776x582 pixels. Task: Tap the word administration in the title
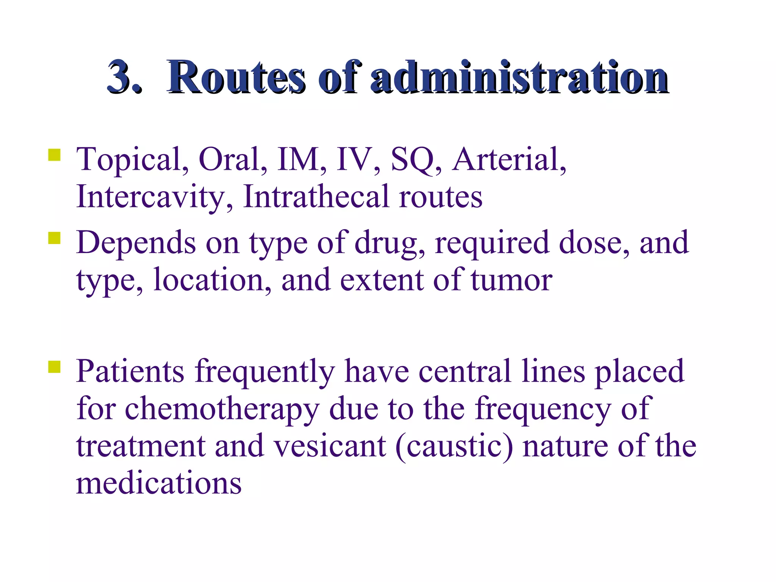pyautogui.click(x=519, y=77)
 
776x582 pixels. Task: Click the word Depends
pyautogui.click(x=136, y=243)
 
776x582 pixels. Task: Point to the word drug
pyautogui.click(x=390, y=243)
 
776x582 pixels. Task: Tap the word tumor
pyautogui.click(x=511, y=280)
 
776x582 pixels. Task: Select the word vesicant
pyautogui.click(x=330, y=446)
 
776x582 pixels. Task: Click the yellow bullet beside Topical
pyautogui.click(x=55, y=155)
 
